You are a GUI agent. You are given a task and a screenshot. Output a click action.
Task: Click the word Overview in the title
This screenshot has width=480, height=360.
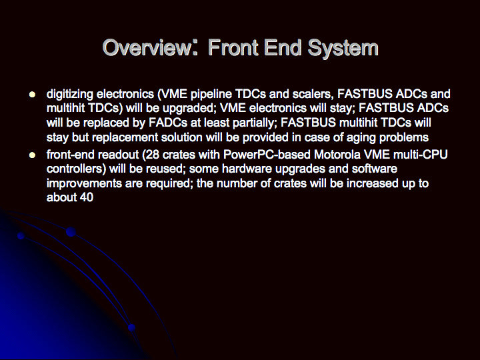pyautogui.click(x=147, y=47)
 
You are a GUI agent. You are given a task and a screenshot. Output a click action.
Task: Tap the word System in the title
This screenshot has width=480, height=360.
pyautogui.click(x=343, y=49)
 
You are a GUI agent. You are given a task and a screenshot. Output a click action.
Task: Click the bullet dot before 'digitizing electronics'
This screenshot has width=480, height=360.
pyautogui.click(x=32, y=94)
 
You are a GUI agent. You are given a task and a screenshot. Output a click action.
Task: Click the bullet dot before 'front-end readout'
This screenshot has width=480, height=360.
pyautogui.click(x=32, y=155)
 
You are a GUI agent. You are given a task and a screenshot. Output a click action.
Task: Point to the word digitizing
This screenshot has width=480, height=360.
pyautogui.click(x=70, y=95)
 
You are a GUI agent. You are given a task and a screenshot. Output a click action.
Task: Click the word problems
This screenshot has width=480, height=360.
pyautogui.click(x=404, y=138)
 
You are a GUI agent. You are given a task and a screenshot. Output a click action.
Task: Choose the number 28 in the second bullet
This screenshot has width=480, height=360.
pyautogui.click(x=152, y=155)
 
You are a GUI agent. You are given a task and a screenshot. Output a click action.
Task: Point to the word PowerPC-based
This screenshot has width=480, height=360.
pyautogui.click(x=267, y=155)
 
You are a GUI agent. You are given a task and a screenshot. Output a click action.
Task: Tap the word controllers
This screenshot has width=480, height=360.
pyautogui.click(x=75, y=169)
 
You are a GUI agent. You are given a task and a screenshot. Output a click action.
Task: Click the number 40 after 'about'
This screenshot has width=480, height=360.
pyautogui.click(x=86, y=198)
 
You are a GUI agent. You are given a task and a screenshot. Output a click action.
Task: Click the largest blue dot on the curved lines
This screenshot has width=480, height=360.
pyautogui.click(x=71, y=232)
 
